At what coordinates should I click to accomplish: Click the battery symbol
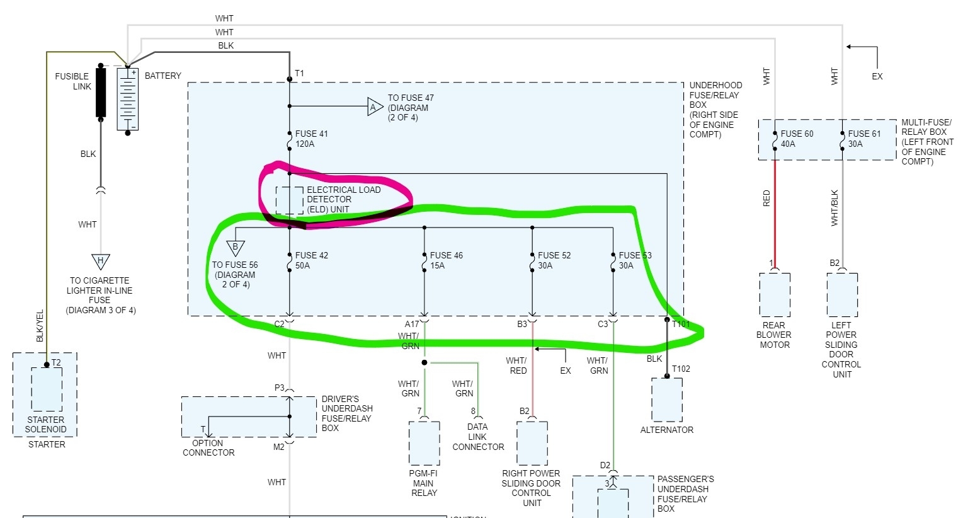[x=128, y=99]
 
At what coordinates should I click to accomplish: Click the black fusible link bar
[x=101, y=91]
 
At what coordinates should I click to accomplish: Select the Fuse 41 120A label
[x=311, y=139]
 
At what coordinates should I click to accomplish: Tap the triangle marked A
[x=375, y=107]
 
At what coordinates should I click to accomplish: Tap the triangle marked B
[x=235, y=248]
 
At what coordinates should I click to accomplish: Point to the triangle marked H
[x=100, y=261]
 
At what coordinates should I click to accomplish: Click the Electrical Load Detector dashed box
[x=289, y=200]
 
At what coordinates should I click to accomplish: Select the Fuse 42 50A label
[x=311, y=260]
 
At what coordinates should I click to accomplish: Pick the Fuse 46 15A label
[x=446, y=260]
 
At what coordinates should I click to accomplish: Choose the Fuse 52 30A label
[x=554, y=260]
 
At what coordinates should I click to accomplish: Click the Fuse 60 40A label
[x=797, y=139]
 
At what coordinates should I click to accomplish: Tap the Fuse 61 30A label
[x=864, y=139]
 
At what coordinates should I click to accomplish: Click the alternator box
[x=667, y=400]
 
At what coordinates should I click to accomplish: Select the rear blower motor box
[x=775, y=294]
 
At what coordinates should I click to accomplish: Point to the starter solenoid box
[x=46, y=389]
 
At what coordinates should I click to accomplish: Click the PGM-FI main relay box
[x=424, y=443]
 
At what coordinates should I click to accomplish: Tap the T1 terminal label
[x=299, y=74]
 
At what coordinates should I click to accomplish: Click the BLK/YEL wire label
[x=40, y=326]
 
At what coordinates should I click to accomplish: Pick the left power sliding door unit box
[x=842, y=294]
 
